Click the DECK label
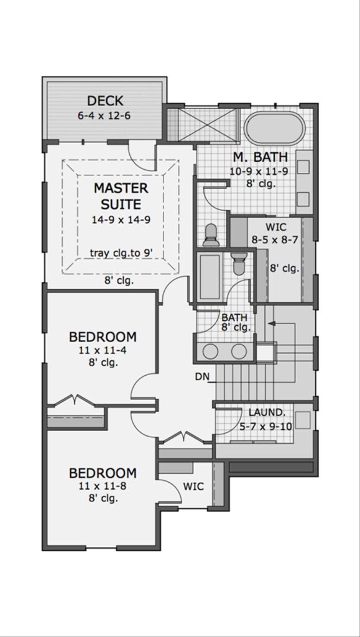(104, 101)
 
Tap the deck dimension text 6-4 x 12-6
(104, 115)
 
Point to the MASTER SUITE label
(121, 195)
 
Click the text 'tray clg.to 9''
(121, 253)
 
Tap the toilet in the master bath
(211, 234)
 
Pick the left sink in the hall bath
(211, 351)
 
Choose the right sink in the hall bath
(239, 351)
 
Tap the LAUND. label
(267, 412)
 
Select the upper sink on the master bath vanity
(303, 167)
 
